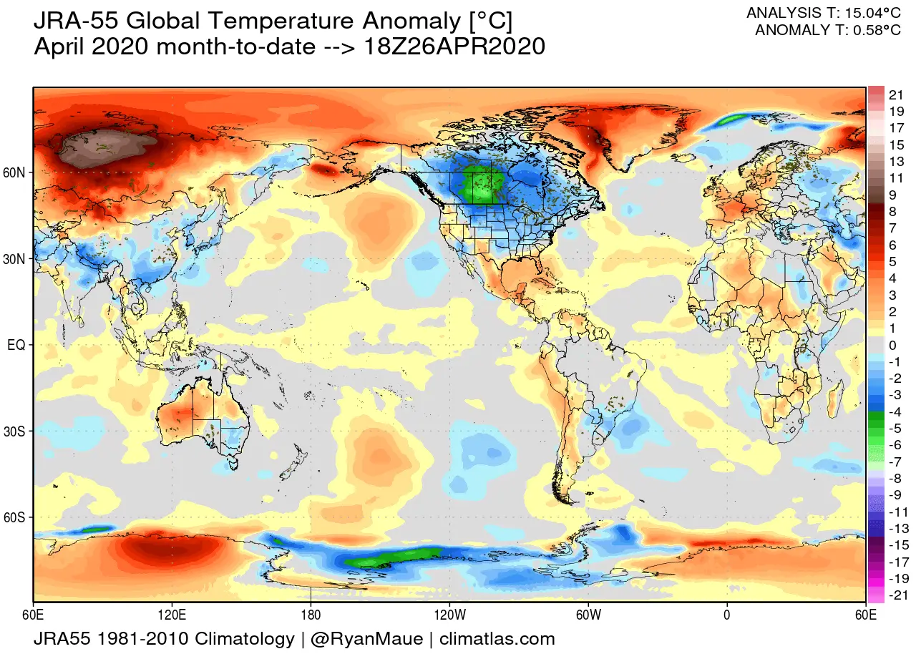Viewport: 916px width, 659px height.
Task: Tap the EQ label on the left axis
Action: pyautogui.click(x=16, y=345)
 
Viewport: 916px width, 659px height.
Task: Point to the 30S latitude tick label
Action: pyautogui.click(x=16, y=431)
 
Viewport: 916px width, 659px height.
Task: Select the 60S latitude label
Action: pyautogui.click(x=16, y=517)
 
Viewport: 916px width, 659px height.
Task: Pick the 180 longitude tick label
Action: pyautogui.click(x=311, y=613)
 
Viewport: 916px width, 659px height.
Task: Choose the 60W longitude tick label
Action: pyautogui.click(x=588, y=613)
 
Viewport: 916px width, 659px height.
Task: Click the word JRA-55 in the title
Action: pyautogui.click(x=77, y=23)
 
